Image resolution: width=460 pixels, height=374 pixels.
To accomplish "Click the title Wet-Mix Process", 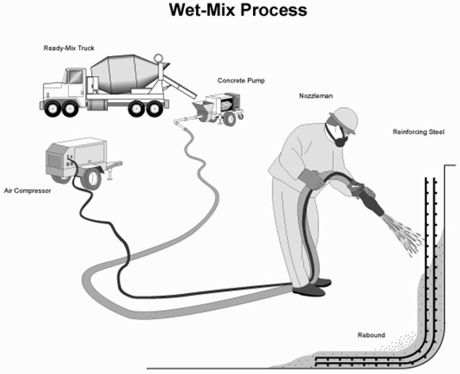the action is click(238, 10).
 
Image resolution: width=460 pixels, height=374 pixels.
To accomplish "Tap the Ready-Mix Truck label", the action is click(69, 48).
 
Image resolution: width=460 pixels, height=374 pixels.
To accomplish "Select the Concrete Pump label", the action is click(241, 81).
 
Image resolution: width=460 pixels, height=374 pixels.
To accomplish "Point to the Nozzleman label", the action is click(316, 96).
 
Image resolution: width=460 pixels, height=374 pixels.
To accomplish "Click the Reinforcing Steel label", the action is click(419, 132).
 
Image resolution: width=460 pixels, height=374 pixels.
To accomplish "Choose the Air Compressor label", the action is click(28, 191).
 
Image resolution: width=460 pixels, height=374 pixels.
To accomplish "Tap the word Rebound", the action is click(371, 335).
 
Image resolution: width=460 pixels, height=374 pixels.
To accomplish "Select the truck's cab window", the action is click(75, 77).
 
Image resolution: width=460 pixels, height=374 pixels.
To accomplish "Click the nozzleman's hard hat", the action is click(345, 119).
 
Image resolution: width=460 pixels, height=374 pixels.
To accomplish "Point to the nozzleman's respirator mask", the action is click(337, 136).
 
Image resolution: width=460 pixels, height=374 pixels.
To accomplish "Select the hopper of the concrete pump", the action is click(203, 109).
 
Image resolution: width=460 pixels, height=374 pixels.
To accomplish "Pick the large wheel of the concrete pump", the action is click(229, 119).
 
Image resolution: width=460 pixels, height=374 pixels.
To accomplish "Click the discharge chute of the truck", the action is click(179, 86).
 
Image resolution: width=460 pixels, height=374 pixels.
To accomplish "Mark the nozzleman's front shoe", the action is click(309, 291).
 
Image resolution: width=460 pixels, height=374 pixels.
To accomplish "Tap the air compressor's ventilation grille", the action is click(54, 161).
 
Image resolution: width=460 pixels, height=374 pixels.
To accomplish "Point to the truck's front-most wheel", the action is click(52, 109).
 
